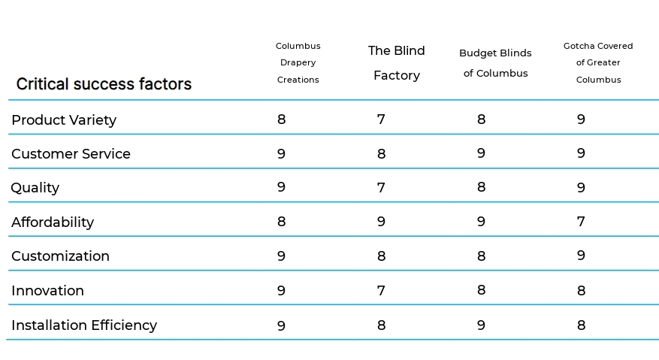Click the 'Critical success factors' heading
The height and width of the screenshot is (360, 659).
104,84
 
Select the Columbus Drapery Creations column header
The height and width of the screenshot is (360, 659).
298,63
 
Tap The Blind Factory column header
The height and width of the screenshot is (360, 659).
397,63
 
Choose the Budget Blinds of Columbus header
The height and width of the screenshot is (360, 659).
495,63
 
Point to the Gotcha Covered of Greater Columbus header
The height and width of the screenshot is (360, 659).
598,63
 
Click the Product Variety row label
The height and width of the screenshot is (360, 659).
64,119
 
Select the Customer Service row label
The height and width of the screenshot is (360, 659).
71,154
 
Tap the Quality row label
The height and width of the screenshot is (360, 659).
35,188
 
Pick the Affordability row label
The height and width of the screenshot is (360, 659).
53,222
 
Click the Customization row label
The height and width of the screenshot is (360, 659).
60,256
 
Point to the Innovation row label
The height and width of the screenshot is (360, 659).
47,291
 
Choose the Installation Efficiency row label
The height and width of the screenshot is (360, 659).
84,325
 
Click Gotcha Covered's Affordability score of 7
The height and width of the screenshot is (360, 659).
581,222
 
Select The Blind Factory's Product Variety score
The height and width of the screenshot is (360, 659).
381,119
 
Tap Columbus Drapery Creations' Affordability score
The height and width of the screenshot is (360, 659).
282,222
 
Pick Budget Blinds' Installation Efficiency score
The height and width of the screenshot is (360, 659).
481,325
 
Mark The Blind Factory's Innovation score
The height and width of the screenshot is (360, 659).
381,291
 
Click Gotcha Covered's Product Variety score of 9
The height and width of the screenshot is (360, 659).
581,119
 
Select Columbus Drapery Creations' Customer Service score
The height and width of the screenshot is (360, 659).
282,154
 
